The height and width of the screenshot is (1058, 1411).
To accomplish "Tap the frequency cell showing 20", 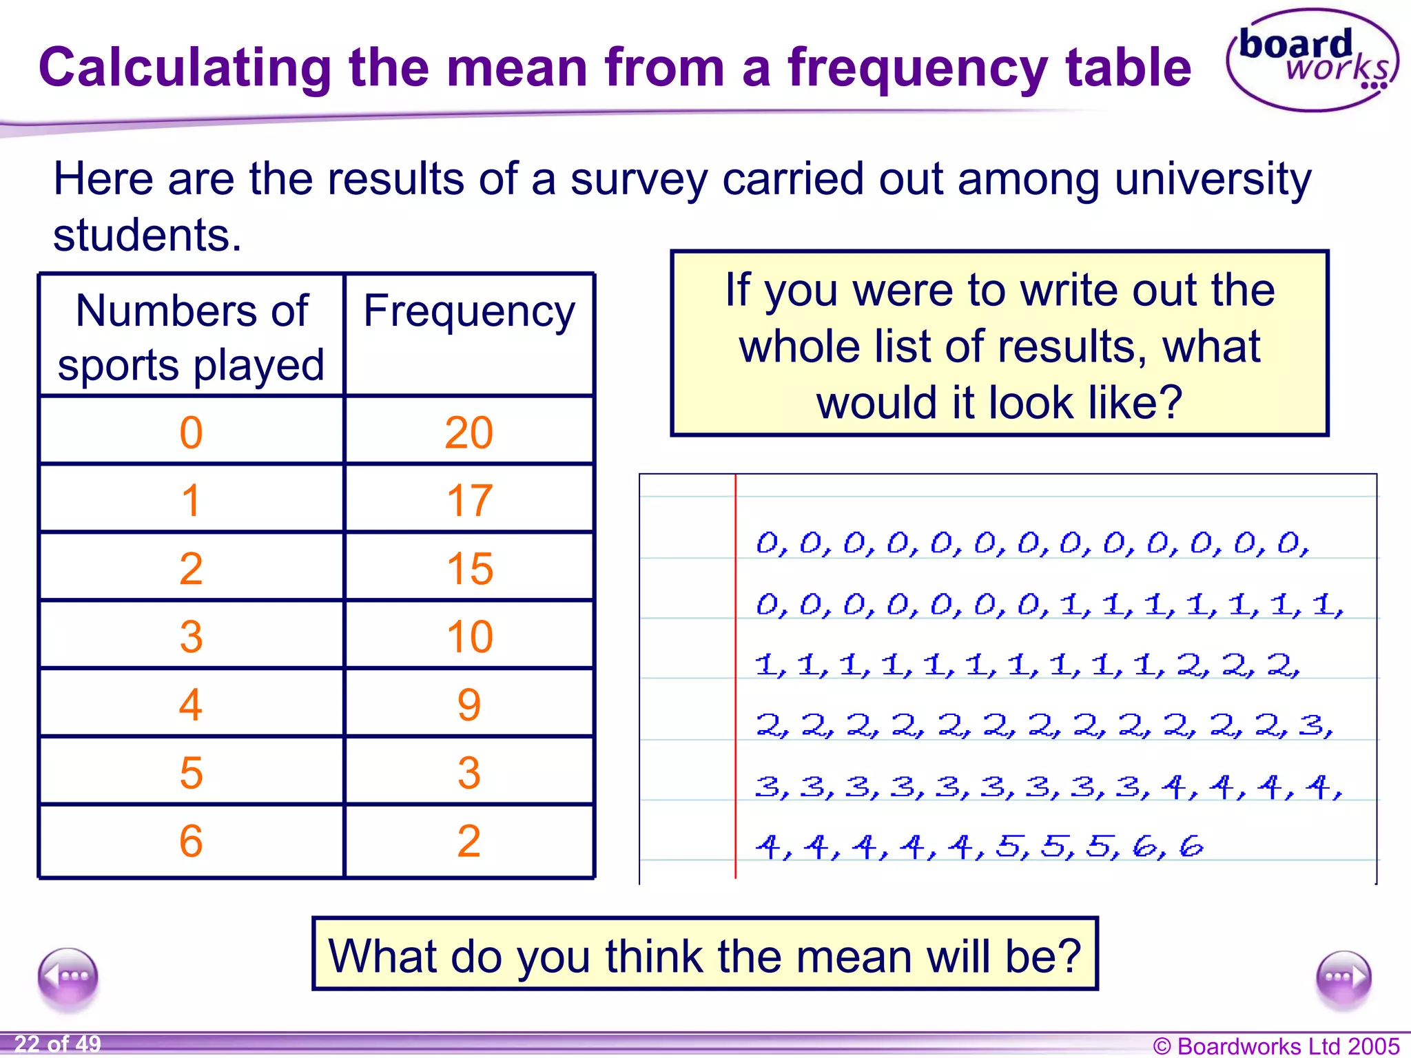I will [x=468, y=433].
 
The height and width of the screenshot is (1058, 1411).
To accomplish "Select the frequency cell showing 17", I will [x=468, y=500].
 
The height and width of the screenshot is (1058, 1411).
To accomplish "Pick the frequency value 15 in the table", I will [x=468, y=568].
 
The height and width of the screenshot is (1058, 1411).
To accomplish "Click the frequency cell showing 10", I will [x=468, y=636].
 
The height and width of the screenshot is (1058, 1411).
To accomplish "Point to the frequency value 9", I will [x=468, y=704].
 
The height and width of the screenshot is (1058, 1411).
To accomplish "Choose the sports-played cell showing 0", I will [x=191, y=433].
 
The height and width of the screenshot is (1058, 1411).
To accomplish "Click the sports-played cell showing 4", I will [x=191, y=704].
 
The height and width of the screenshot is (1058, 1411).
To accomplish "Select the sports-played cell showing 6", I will [x=191, y=840].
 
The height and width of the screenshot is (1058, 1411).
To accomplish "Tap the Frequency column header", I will [x=468, y=311].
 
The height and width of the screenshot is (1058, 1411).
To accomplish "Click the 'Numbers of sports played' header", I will [x=191, y=336].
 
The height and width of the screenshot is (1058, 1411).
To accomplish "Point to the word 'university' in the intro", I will [x=1213, y=179].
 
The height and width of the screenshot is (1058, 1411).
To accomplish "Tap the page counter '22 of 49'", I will [x=58, y=1044].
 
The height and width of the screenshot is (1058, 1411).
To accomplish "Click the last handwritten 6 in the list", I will [x=1191, y=846].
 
